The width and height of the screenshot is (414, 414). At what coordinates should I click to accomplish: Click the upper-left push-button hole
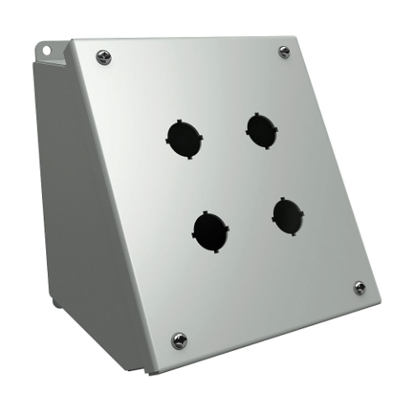184,135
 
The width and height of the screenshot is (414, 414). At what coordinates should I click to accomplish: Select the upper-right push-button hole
262,128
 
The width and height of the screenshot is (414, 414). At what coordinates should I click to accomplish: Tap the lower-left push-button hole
209,228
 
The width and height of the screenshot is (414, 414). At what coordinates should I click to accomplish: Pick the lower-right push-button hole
288,216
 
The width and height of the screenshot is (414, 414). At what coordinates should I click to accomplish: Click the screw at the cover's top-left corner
104,57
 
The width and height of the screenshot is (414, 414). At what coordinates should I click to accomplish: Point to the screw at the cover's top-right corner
285,52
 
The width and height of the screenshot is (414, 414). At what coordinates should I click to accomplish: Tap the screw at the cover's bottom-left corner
179,339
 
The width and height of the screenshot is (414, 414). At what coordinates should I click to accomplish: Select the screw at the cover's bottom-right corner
359,287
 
